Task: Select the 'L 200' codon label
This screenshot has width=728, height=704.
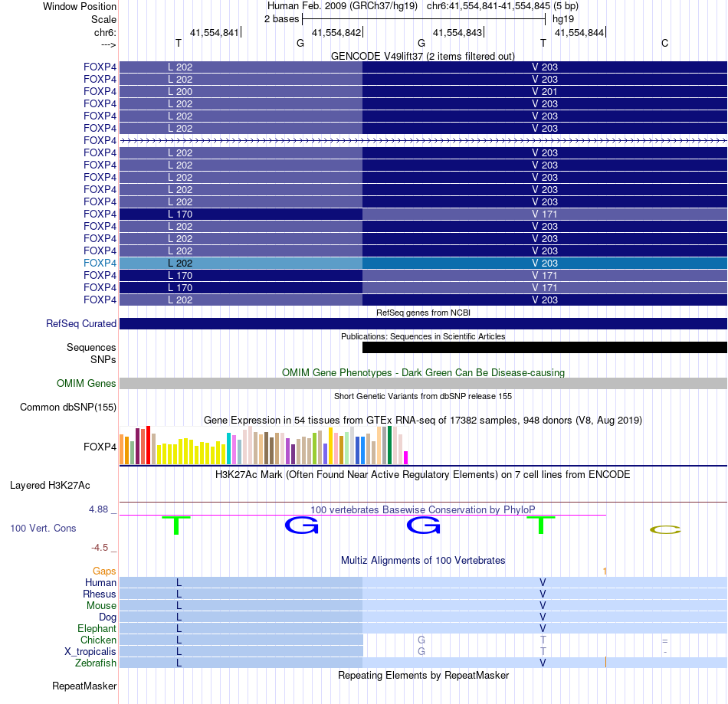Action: pyautogui.click(x=180, y=92)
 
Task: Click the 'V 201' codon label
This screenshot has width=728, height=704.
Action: pyautogui.click(x=545, y=92)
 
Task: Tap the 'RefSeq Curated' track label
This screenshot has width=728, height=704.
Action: pyautogui.click(x=81, y=324)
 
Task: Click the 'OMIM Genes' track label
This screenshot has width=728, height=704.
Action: pyautogui.click(x=87, y=384)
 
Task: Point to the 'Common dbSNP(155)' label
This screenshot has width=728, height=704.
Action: pyautogui.click(x=68, y=408)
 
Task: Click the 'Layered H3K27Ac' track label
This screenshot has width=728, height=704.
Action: pyautogui.click(x=50, y=486)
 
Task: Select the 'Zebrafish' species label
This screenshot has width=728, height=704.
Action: pyautogui.click(x=96, y=663)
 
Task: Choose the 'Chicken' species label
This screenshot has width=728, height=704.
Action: pyautogui.click(x=99, y=640)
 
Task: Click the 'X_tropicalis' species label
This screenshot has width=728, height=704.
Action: pyautogui.click(x=90, y=652)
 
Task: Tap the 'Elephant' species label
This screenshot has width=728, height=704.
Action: pyautogui.click(x=97, y=629)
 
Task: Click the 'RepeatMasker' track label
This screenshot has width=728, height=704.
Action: pyautogui.click(x=84, y=685)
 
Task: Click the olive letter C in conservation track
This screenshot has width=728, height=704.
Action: pyautogui.click(x=664, y=530)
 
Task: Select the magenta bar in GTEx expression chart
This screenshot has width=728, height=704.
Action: pyautogui.click(x=406, y=457)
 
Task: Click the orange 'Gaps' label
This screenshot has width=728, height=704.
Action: pyautogui.click(x=104, y=571)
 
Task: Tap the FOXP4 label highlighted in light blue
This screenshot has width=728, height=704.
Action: pyautogui.click(x=100, y=264)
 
